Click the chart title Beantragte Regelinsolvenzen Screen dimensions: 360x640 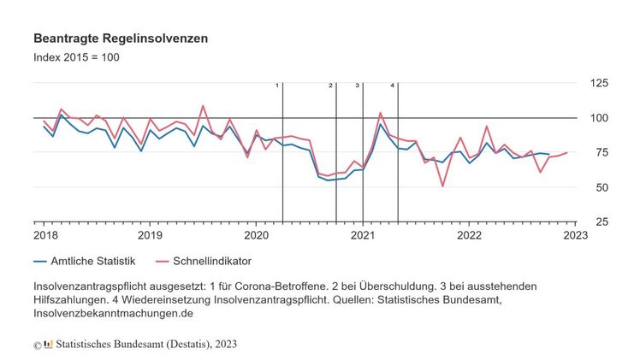[120, 39]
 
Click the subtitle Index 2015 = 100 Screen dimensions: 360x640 [76, 58]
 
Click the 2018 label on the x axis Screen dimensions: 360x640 [45, 234]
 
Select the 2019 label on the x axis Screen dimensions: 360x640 [150, 234]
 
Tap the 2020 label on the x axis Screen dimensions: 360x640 [256, 234]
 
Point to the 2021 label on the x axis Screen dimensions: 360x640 [363, 234]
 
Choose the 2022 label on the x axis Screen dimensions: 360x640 [470, 234]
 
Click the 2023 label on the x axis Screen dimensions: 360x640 [576, 234]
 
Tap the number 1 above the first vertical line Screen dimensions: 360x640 [277, 86]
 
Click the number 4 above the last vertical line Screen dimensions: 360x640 [392, 86]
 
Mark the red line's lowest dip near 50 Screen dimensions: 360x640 [442, 186]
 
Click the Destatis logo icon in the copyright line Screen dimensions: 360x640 [48, 344]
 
